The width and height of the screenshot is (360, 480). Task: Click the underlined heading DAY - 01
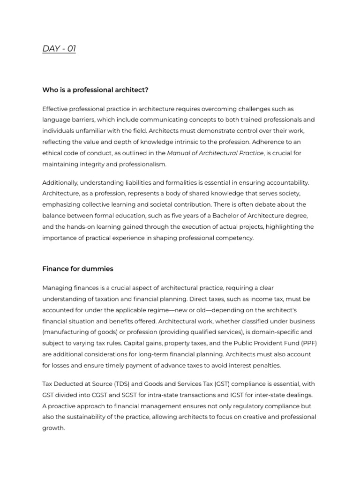tap(59, 48)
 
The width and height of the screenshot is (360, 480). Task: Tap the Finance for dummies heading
tap(78, 269)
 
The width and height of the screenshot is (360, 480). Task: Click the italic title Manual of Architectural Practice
tap(215, 153)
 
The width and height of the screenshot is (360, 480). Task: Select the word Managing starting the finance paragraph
tap(58, 287)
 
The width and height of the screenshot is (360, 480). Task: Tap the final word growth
tap(53, 428)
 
